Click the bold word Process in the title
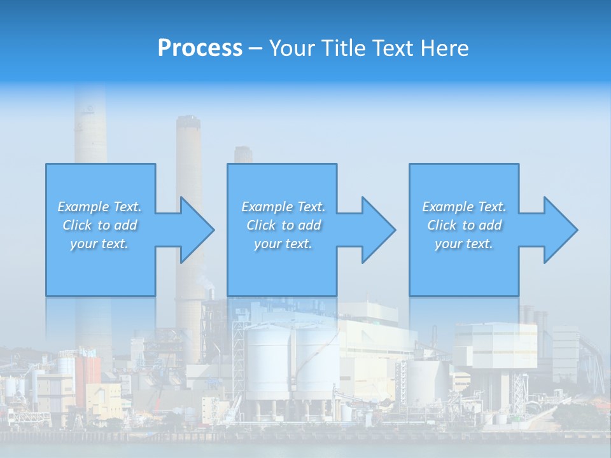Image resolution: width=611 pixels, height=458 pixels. [x=200, y=48]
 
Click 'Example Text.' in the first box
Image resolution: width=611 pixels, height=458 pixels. [x=99, y=207]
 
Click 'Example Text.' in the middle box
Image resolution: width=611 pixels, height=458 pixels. [x=283, y=207]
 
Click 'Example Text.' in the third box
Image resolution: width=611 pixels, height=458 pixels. [x=464, y=207]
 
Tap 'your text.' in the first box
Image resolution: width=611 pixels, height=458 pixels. [x=99, y=244]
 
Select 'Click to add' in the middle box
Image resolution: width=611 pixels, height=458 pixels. [x=283, y=225]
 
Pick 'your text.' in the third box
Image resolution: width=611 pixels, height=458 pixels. [x=464, y=244]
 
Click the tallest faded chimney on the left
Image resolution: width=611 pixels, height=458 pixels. [x=90, y=127]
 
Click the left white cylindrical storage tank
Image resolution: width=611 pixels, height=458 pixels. [x=267, y=363]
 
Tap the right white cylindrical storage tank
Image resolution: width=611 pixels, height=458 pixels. [x=317, y=363]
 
